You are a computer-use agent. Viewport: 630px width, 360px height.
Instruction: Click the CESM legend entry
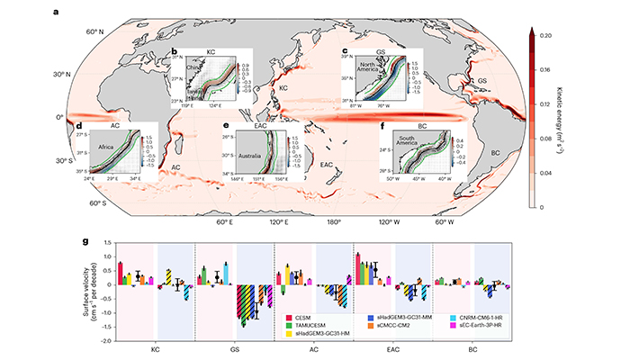[x=309, y=316]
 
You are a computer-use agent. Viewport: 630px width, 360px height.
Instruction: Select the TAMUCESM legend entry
[x=312, y=324]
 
